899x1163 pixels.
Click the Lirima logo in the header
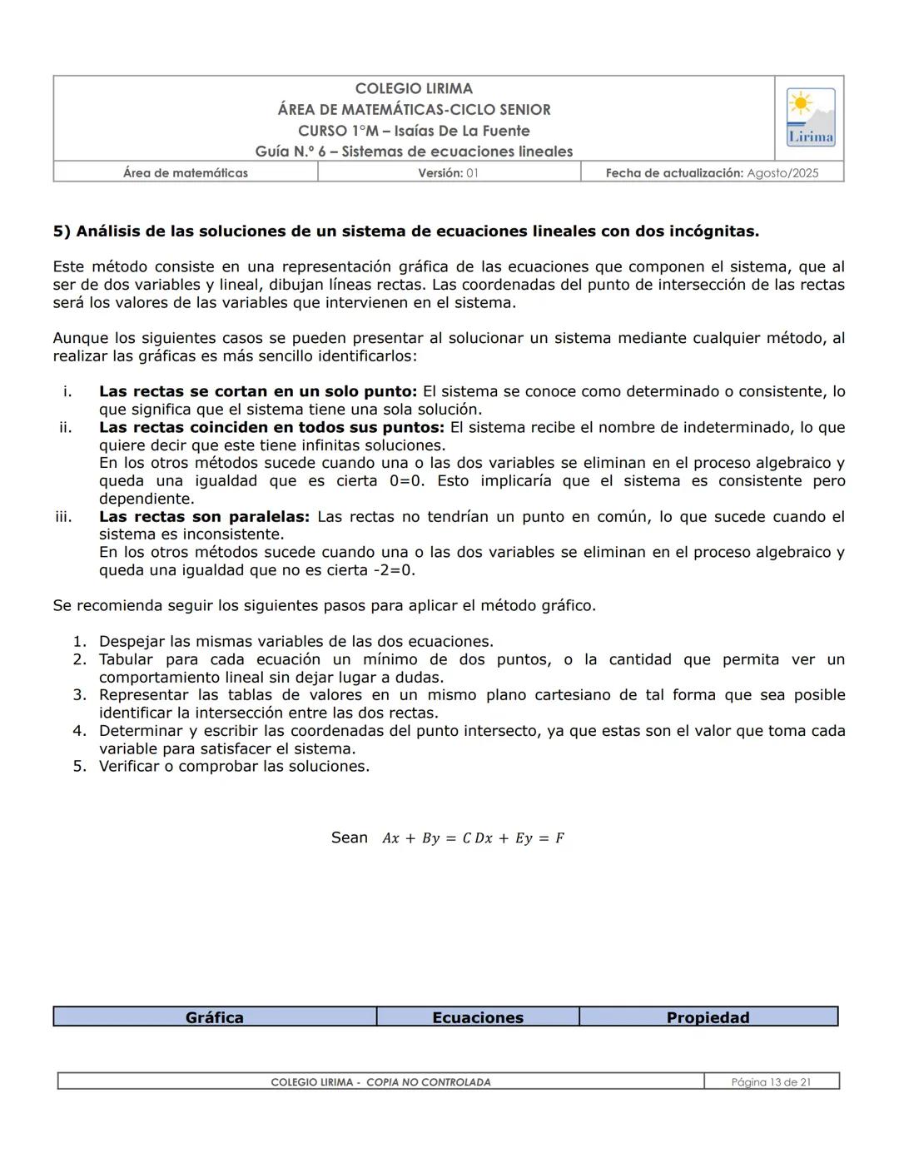click(x=810, y=117)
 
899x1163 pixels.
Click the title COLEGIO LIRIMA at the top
click(x=414, y=88)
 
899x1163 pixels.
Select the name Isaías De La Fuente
click(x=462, y=131)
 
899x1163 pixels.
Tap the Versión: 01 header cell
click(x=449, y=173)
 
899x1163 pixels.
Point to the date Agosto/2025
click(x=782, y=173)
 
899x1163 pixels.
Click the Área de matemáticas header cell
click(x=186, y=173)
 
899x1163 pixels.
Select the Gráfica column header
click(x=215, y=1017)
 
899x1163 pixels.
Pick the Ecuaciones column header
click(x=478, y=1017)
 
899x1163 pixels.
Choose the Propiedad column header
click(x=708, y=1017)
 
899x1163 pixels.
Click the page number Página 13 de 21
click(x=771, y=1082)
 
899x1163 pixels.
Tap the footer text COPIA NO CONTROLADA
click(x=428, y=1082)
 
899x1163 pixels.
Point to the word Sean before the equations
click(x=349, y=837)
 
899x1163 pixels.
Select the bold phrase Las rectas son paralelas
click(x=204, y=517)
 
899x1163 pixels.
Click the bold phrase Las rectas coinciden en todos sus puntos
click(x=271, y=428)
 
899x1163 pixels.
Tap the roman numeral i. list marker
click(x=67, y=392)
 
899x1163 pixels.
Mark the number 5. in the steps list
click(x=79, y=767)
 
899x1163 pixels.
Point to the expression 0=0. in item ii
click(x=408, y=481)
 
